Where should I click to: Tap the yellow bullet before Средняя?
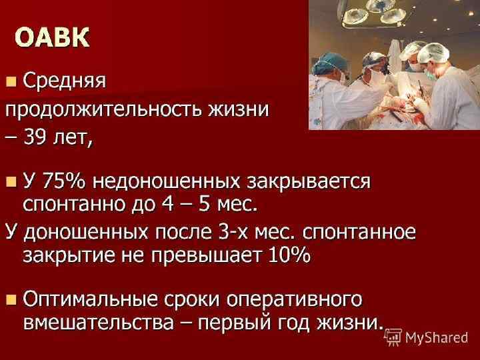pos(11,81)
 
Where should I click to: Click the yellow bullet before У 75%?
pos(11,181)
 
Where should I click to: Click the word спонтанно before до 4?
pos(74,202)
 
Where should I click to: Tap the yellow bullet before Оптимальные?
pos(11,297)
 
